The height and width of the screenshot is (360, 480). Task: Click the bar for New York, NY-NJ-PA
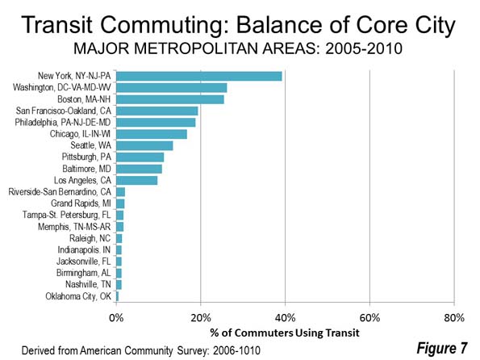tap(199, 76)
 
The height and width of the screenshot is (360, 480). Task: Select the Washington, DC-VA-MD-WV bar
tap(171, 88)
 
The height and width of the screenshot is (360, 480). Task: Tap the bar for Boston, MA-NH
tap(170, 99)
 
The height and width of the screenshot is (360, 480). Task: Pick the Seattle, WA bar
tap(144, 145)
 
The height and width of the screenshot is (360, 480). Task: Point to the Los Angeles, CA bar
tap(137, 180)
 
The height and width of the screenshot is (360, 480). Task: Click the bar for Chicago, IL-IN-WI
tap(152, 134)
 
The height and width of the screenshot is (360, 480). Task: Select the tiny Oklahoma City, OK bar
tap(117, 296)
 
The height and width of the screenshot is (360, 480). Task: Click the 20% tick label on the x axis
tap(201, 318)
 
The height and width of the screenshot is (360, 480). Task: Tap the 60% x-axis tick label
tap(369, 318)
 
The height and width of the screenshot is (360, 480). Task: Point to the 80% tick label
tap(454, 318)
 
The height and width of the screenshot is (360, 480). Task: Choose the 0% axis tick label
tap(116, 318)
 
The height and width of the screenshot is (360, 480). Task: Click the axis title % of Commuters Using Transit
tap(285, 333)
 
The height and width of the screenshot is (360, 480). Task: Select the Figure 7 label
tap(442, 349)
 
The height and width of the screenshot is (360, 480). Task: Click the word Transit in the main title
tap(57, 25)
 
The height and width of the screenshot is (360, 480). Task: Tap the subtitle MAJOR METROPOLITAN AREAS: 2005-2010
tap(238, 48)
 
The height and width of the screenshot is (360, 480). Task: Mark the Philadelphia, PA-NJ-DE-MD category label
tap(63, 123)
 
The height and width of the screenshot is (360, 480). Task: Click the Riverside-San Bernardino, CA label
tap(60, 192)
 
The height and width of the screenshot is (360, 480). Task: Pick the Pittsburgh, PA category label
tap(86, 157)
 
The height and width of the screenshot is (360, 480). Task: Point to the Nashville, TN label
tap(88, 285)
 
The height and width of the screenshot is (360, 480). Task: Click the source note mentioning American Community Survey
tap(141, 350)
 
